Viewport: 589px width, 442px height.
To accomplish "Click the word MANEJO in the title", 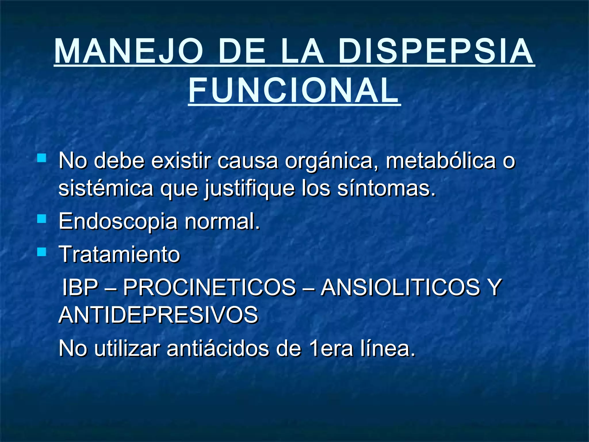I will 128,51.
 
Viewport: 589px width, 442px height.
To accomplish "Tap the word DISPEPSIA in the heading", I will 436,51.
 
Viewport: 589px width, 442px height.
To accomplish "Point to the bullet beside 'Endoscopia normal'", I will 42,220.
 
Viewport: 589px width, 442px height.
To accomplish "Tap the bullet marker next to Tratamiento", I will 42,252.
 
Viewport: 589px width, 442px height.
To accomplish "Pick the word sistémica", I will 106,188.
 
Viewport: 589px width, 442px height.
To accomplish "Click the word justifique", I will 250,188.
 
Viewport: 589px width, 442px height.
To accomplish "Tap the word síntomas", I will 386,188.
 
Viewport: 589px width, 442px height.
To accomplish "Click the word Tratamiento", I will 119,254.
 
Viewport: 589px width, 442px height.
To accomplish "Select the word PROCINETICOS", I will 209,287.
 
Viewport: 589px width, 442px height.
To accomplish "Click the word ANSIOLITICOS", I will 400,287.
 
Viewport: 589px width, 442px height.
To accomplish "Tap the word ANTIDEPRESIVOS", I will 158,315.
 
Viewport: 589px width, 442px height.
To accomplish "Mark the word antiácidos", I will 218,348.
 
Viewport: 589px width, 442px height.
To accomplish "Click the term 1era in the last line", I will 330,348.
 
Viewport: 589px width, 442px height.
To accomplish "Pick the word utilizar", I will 127,348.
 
